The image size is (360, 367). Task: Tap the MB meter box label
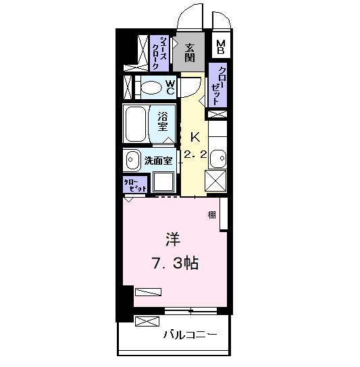221,48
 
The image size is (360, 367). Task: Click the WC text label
170,86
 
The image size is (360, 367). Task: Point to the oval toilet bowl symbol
151,87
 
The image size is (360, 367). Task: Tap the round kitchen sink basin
217,159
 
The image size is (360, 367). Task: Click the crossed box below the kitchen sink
217,182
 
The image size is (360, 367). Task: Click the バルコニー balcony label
189,335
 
